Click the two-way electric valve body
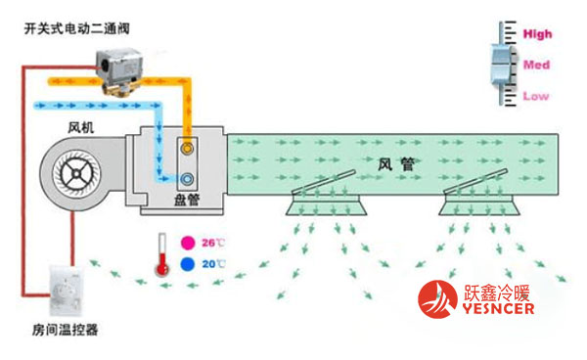113,66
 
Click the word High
538,34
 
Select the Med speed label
537,65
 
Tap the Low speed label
536,96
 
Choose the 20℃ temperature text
212,264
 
